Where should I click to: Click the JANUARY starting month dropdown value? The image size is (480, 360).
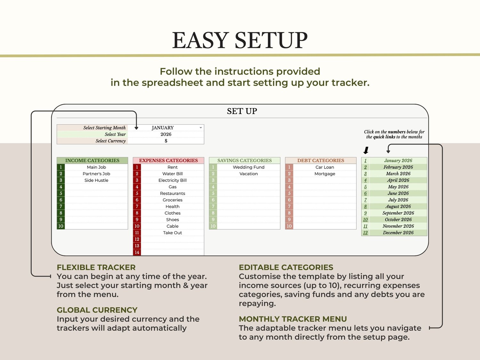pos(163,128)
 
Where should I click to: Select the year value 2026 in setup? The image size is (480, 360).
pos(166,135)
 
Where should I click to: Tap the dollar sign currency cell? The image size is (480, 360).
pos(166,141)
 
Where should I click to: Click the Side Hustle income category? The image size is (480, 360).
pos(96,180)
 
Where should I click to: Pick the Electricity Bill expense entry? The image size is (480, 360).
pos(172,180)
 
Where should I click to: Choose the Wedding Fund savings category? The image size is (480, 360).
pos(249,167)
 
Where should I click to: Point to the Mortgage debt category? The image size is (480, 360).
pos(325,174)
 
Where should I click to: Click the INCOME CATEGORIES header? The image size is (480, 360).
pos(92,160)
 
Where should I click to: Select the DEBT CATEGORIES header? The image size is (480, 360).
pos(321,160)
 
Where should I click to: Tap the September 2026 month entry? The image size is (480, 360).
pos(398,213)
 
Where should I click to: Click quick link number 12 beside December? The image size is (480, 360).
pos(365,233)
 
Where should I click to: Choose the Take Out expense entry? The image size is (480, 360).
pos(172,233)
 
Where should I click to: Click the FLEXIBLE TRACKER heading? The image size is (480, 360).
pos(96,267)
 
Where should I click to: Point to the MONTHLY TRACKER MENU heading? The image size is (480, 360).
pos(293,319)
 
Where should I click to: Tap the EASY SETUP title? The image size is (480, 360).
pos(240,40)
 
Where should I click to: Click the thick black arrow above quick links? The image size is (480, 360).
pos(366,150)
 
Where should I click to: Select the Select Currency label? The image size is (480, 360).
pos(110,141)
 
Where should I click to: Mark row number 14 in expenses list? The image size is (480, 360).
pos(137,252)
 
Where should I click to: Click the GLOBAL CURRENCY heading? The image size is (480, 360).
pos(97,310)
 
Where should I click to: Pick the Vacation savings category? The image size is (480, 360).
pos(249,174)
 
